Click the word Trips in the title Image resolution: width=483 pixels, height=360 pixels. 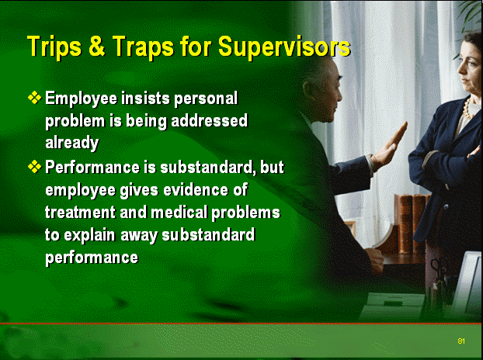click(54, 46)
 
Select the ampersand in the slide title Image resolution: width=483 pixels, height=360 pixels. click(97, 46)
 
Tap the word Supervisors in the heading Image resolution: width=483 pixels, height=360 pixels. click(284, 47)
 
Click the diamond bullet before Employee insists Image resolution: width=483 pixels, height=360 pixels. click(34, 98)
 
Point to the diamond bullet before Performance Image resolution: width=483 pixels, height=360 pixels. click(34, 167)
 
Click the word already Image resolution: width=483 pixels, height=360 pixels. click(72, 143)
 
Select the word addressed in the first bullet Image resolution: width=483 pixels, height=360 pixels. click(209, 120)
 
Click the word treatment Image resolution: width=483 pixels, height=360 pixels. click(81, 213)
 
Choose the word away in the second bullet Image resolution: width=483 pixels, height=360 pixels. click(139, 236)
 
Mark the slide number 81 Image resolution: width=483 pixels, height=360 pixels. click(461, 341)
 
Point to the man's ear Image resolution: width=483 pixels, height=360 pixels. click(308, 91)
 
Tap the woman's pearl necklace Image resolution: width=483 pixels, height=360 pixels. click(467, 109)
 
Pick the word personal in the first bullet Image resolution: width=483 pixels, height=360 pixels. click(206, 99)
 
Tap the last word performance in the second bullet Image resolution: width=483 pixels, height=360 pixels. click(92, 258)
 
